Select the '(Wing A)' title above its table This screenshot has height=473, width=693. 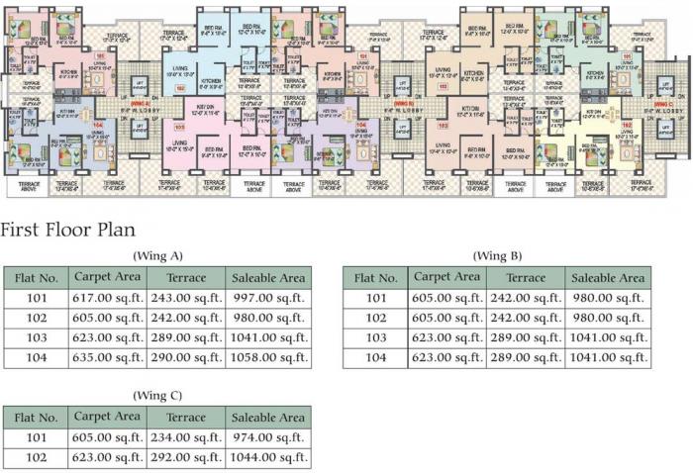point(156,256)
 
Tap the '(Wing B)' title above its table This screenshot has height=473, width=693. point(497,256)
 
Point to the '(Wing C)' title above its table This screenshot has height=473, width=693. point(156,395)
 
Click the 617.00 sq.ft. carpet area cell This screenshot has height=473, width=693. point(107,298)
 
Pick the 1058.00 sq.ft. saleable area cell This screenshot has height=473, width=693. point(267,357)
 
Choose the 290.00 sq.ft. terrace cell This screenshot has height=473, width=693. point(185,357)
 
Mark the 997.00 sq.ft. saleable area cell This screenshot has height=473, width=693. point(267,298)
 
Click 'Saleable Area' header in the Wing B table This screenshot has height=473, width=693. point(608,278)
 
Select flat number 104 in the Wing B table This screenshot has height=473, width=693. point(376,357)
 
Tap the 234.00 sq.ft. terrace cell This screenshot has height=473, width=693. point(185,436)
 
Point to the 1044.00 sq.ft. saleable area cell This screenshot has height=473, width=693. point(267,457)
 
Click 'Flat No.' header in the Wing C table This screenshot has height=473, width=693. point(36,417)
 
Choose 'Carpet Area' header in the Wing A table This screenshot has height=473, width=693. point(107,278)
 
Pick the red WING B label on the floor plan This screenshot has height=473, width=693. point(402,103)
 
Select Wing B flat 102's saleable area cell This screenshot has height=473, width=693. point(608,318)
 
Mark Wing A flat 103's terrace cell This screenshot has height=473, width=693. point(185,337)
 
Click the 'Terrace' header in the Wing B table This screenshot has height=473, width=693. point(525,278)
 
